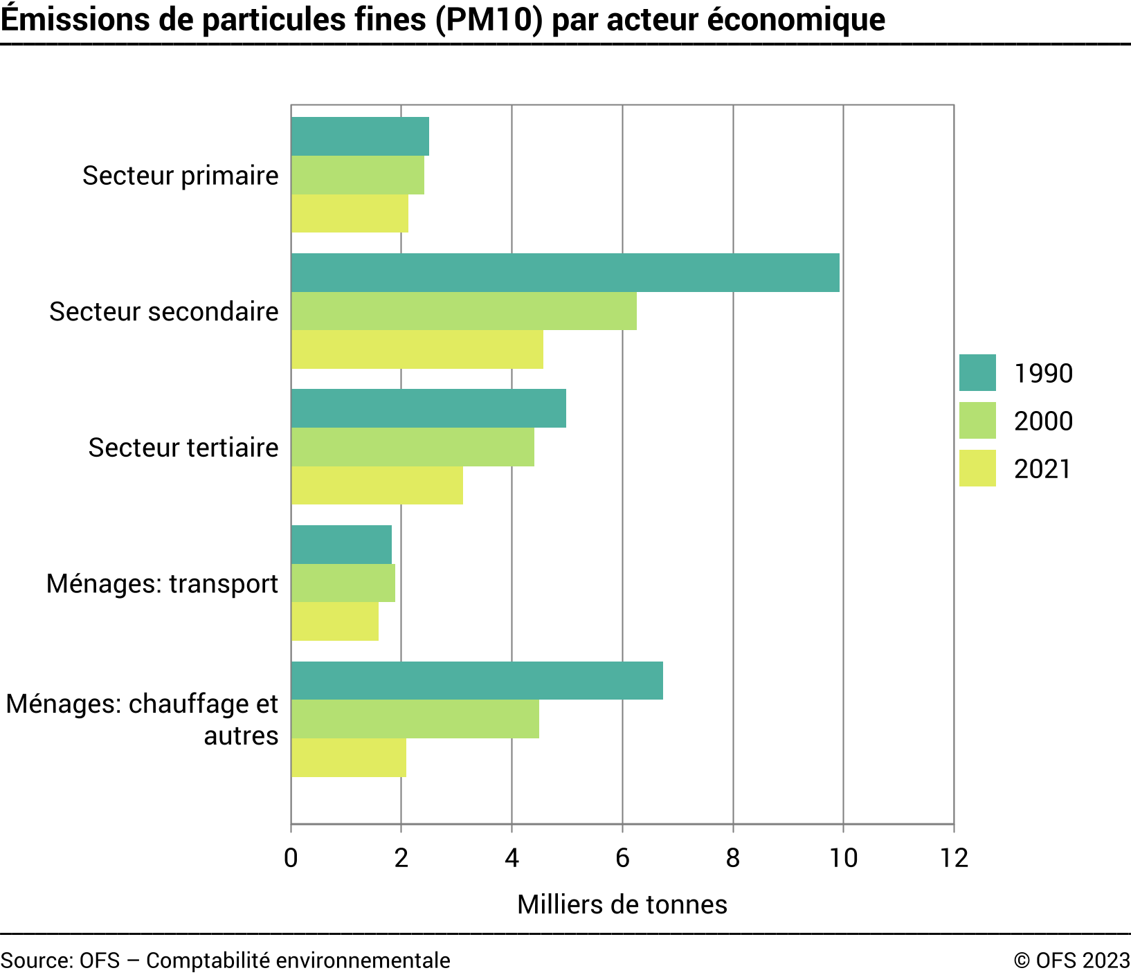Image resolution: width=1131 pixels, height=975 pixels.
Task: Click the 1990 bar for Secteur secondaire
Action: tap(565, 273)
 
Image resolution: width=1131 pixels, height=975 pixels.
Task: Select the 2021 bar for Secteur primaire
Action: tap(350, 214)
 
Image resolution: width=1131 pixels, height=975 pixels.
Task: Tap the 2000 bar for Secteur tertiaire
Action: tap(413, 447)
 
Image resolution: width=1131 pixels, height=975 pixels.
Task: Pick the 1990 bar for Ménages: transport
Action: tap(341, 545)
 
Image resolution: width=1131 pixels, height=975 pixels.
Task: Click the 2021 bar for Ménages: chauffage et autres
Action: tap(348, 758)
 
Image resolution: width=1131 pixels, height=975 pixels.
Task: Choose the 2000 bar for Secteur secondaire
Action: tap(464, 311)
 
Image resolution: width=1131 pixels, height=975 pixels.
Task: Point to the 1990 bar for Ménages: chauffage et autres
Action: tap(477, 681)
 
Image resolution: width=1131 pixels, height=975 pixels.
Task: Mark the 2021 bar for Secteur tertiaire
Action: tap(377, 486)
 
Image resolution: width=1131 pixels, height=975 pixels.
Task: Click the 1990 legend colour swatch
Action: tap(977, 373)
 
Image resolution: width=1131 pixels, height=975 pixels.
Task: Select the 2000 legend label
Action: tap(1043, 421)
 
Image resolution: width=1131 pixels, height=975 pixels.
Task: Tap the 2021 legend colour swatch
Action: tap(977, 468)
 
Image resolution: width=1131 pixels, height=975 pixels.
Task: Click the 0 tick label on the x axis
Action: tap(291, 858)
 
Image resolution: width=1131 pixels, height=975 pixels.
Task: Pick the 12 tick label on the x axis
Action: tap(954, 858)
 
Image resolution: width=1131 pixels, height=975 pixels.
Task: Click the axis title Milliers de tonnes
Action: tap(622, 904)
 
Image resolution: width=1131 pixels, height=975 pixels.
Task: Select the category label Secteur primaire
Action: tap(181, 176)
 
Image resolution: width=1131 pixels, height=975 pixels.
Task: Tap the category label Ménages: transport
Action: tap(162, 583)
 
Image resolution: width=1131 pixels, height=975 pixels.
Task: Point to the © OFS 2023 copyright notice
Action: tap(1071, 960)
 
